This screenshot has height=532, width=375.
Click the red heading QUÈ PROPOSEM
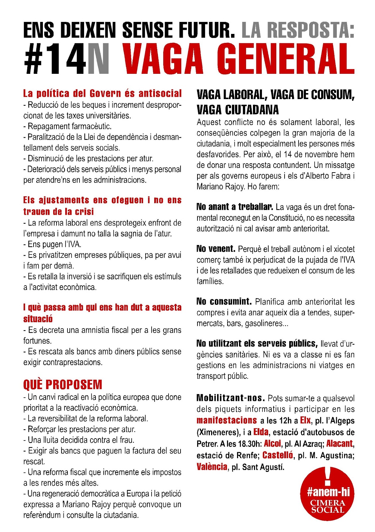pos(62,385)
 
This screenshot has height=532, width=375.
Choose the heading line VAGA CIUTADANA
pos(238,110)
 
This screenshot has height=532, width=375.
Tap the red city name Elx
pos(305,420)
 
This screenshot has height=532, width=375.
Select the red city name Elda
pos(261,432)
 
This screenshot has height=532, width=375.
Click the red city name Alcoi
pos(272,444)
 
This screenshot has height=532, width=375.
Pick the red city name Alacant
pos(339,444)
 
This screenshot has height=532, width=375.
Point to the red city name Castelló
pos(278,455)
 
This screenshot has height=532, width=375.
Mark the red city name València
pos(212,467)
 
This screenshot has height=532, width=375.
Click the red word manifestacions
pos(226,420)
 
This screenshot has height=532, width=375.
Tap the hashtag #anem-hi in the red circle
pos(328,492)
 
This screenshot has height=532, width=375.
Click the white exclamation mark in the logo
pos(328,475)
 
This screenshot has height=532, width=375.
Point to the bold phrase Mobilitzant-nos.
pos(230,398)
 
